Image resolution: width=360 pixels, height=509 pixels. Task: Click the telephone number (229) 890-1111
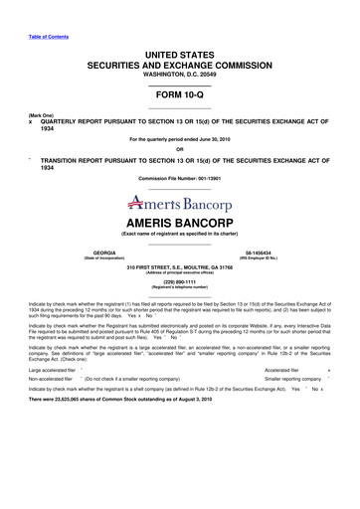point(180,280)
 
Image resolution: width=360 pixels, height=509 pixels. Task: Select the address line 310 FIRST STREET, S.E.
point(180,267)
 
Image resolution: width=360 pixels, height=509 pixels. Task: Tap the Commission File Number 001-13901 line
point(180,177)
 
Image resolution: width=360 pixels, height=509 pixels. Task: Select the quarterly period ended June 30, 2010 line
point(180,140)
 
